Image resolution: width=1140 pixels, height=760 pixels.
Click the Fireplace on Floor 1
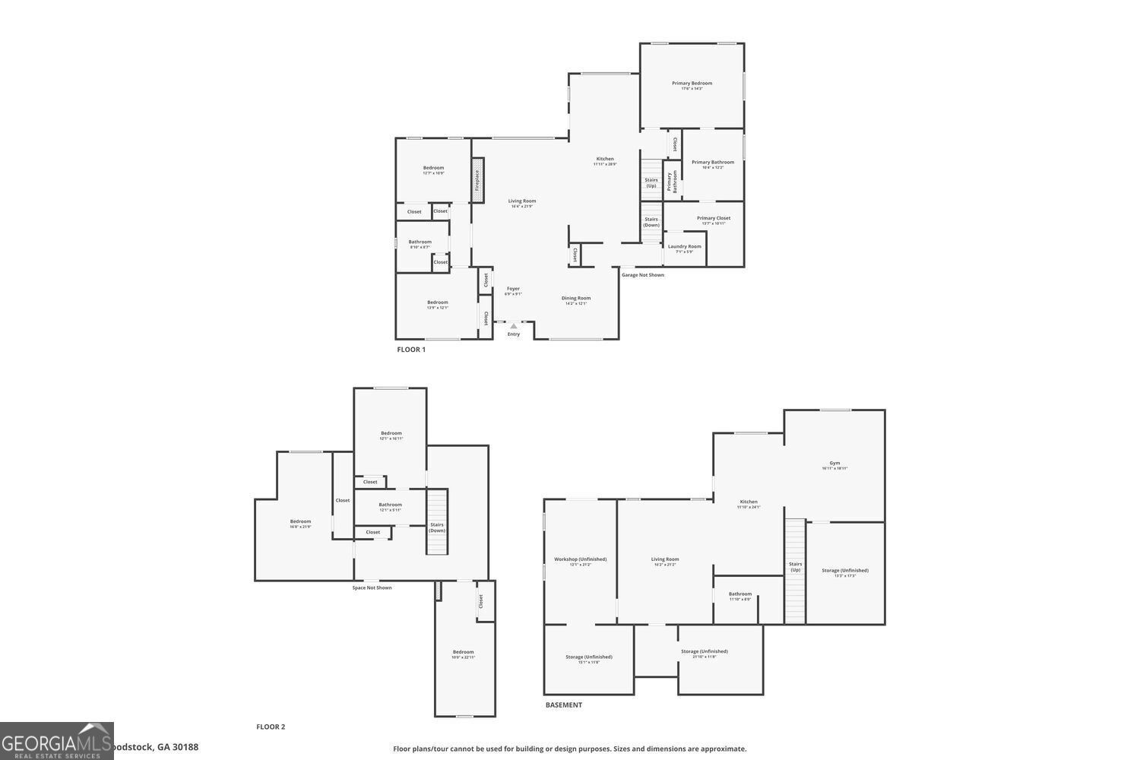[x=477, y=180]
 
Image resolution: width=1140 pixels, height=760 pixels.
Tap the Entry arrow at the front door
[x=514, y=326]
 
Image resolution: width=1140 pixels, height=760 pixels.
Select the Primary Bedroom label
[x=692, y=83]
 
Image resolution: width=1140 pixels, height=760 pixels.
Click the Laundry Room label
[x=684, y=246]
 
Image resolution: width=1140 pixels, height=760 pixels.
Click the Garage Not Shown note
[x=642, y=275]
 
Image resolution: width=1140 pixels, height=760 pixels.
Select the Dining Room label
[x=576, y=298]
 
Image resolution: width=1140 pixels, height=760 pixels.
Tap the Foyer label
[x=514, y=289]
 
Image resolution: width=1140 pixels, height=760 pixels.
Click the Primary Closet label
[x=713, y=218]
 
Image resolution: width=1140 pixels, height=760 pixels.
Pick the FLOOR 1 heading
[x=411, y=350]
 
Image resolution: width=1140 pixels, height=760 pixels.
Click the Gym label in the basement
[x=834, y=463]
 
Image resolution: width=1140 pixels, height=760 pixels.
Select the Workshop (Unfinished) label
[x=580, y=559]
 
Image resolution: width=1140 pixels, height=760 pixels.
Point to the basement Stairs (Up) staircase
[x=795, y=570]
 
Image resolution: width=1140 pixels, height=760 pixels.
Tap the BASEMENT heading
[x=563, y=705]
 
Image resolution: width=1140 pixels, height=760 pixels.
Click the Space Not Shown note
[x=372, y=587]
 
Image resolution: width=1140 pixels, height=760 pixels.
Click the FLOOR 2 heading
[x=271, y=727]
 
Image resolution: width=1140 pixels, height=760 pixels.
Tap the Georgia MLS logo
[x=56, y=741]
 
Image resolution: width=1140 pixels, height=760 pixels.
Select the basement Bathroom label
[x=739, y=594]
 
